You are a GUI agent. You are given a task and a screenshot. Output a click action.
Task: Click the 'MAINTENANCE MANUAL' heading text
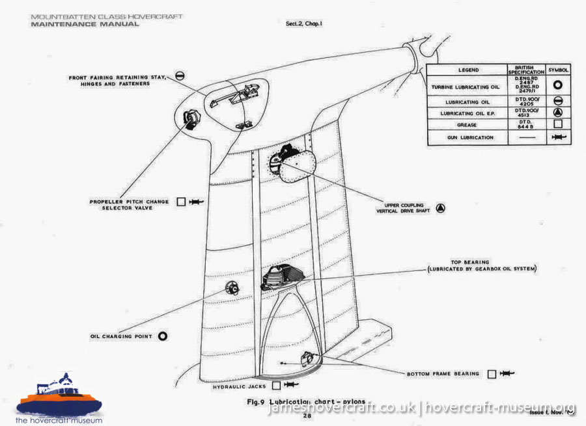pos(84,24)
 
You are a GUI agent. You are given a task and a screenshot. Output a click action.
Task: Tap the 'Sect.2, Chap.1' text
pos(308,23)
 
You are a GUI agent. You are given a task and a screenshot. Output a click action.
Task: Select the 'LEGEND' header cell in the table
pos(467,70)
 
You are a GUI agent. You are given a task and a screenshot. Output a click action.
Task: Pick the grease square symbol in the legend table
pos(559,124)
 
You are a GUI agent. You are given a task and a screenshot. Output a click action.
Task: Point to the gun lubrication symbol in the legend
pos(559,138)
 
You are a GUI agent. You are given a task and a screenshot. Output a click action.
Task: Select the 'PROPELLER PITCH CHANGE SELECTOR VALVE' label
pos(129,206)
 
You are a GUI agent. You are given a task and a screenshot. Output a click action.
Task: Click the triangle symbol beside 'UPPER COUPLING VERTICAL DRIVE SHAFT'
pos(441,208)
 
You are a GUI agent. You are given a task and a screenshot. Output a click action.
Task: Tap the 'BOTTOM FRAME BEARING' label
pos(443,374)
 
